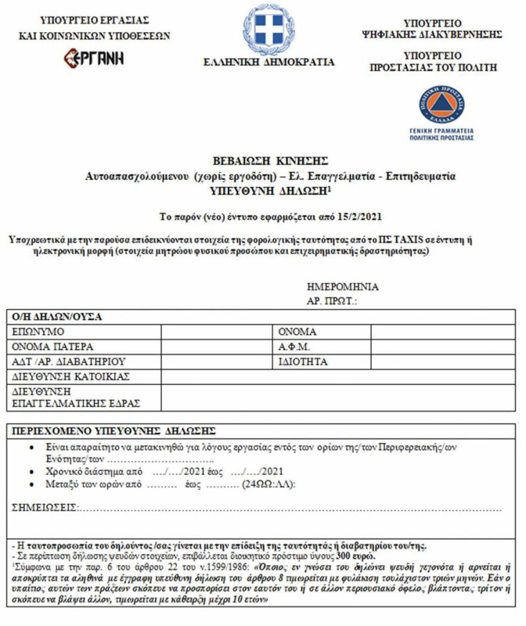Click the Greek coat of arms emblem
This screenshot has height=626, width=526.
[x=269, y=28]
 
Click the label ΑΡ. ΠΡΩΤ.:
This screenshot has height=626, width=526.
[x=332, y=302]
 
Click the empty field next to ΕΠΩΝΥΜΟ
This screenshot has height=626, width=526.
[x=218, y=332]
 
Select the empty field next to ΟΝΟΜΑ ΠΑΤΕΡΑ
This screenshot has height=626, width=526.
[x=218, y=347]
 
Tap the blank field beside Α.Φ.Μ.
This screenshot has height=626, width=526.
[x=441, y=347]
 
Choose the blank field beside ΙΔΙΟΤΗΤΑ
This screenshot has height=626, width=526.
[x=441, y=362]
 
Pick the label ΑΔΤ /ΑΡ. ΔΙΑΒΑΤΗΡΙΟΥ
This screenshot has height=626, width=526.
[x=70, y=362]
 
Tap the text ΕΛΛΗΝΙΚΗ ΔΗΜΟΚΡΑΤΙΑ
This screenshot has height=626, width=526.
[x=269, y=62]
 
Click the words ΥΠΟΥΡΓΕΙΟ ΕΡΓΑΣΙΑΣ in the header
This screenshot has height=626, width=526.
[x=95, y=20]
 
